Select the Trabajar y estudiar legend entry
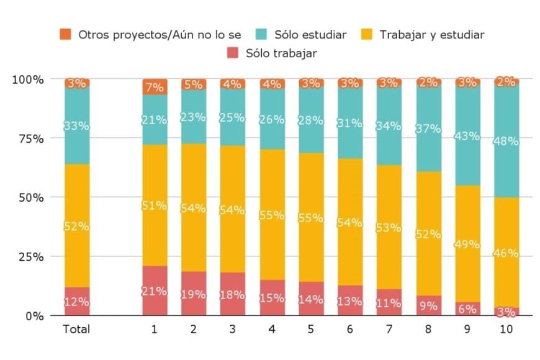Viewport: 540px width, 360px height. (x=425, y=35)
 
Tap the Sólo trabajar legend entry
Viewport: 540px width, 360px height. (x=273, y=53)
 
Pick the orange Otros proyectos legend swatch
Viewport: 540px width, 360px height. (x=65, y=35)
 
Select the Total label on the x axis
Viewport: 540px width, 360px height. (x=76, y=329)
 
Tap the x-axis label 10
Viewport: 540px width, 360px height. (x=506, y=329)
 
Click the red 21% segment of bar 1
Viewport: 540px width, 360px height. (x=155, y=290)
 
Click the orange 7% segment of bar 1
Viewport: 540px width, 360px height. (x=155, y=87)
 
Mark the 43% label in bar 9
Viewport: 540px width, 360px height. (x=467, y=136)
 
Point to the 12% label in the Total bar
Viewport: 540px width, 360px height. (x=77, y=302)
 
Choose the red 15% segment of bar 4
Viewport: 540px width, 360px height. (x=272, y=298)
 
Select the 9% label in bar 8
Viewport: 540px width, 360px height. (x=428, y=305)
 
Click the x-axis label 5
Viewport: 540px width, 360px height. (x=311, y=329)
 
